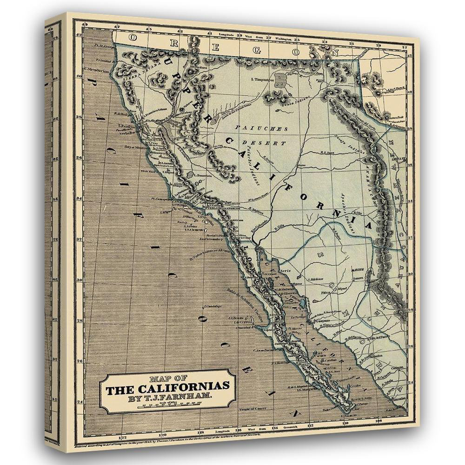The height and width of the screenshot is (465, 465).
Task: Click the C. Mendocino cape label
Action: [96, 71]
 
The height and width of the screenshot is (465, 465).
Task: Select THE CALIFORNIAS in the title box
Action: [169, 387]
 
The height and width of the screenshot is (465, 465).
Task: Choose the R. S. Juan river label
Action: [328, 152]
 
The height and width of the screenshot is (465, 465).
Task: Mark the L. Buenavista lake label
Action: [203, 175]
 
